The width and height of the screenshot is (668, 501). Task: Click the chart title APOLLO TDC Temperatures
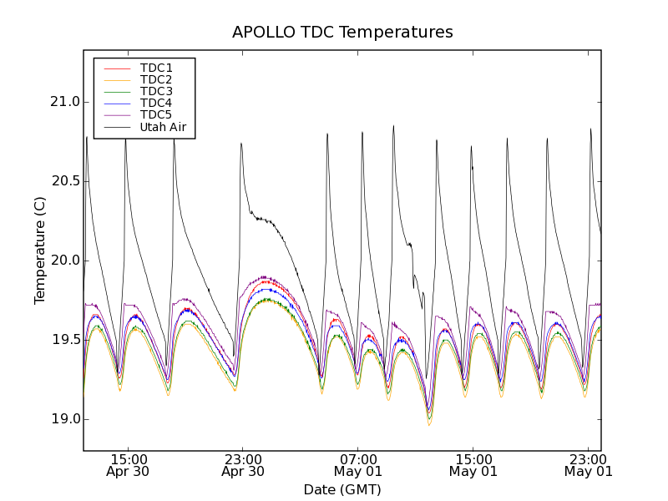coord(342,33)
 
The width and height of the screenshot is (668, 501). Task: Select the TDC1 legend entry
coord(156,68)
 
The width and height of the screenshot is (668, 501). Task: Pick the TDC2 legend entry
coord(156,79)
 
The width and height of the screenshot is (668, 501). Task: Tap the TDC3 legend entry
coord(156,91)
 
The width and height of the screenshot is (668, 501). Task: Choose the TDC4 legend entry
coord(156,103)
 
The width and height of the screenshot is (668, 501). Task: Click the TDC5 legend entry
coord(156,114)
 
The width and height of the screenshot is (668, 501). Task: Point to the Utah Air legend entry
coord(163,127)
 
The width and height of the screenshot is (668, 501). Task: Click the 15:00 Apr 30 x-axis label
coord(129,465)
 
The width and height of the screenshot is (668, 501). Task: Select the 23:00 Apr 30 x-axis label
coord(243,465)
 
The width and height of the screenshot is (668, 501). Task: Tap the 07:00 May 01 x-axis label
coord(358,465)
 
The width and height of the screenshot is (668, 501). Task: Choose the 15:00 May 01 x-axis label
coord(473,465)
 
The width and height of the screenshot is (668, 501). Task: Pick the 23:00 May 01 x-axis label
coord(589,465)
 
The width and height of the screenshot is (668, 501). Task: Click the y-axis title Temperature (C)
coord(40,250)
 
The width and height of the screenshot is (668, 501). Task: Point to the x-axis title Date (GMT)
coord(342,489)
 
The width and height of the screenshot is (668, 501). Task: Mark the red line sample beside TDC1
coord(118,68)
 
